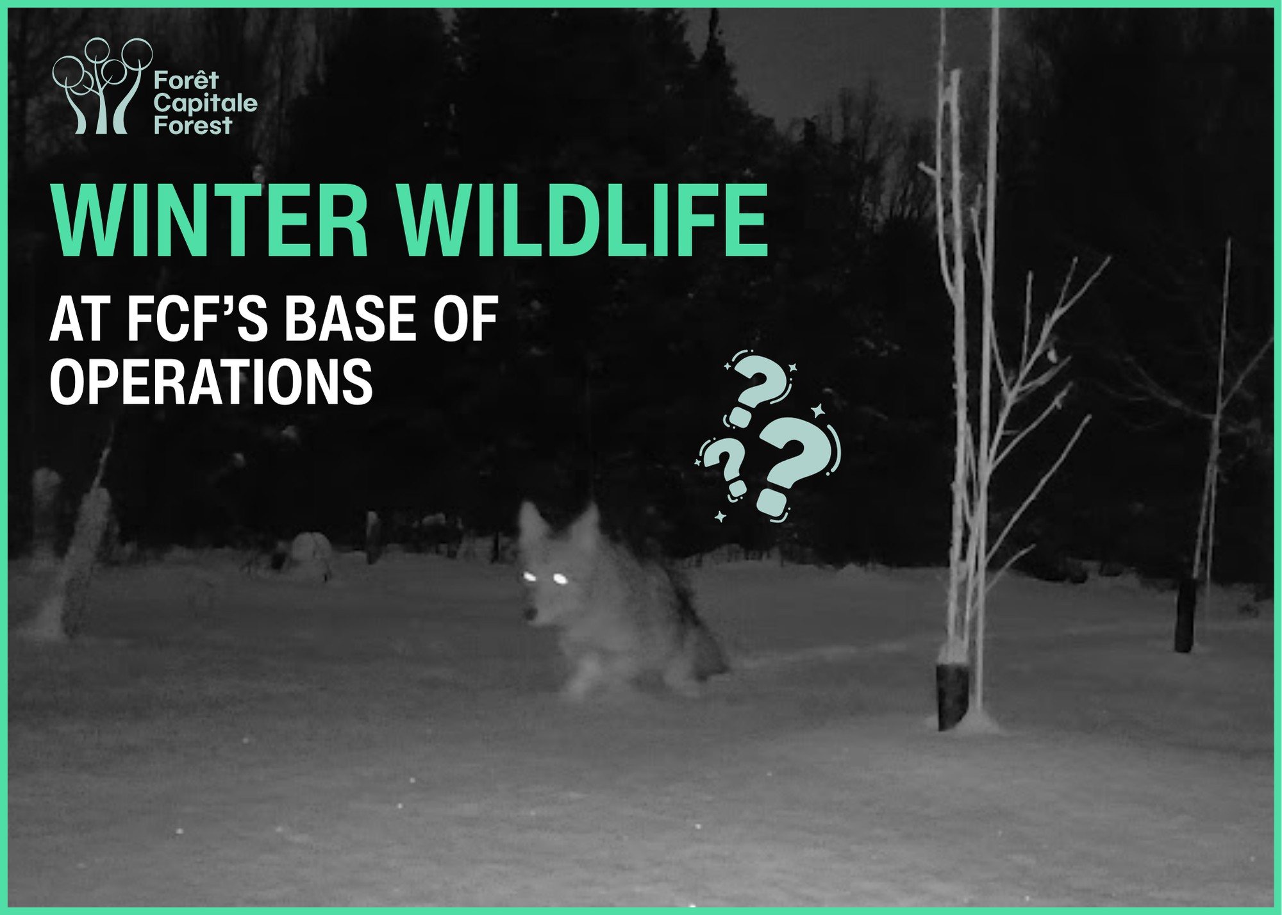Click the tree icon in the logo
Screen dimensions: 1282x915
pos(103,86)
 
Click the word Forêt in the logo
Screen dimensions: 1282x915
pos(186,81)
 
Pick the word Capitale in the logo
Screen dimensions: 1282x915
pos(205,103)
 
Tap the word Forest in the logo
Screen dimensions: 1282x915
pos(192,125)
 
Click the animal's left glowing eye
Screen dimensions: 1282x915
pos(530,577)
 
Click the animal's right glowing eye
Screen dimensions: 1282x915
pos(560,579)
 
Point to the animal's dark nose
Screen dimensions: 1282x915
pos(529,615)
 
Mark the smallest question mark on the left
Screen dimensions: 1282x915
pos(722,468)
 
